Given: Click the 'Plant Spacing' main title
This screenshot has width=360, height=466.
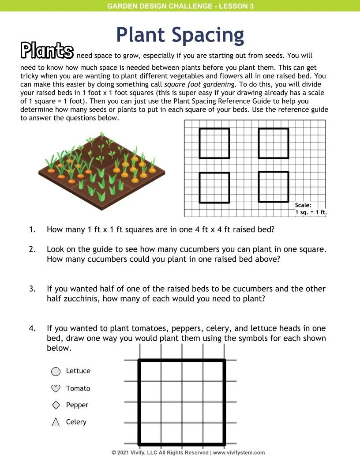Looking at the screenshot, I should click(180, 35).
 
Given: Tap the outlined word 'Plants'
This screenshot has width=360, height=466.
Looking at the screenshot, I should click(47, 51).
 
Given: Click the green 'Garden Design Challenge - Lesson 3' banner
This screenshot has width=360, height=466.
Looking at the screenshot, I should click(180, 6).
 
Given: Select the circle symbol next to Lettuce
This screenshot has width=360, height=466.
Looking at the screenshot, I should click(56, 372).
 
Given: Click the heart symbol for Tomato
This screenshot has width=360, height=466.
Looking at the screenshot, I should click(56, 388).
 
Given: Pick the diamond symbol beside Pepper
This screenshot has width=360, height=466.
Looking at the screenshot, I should click(56, 405).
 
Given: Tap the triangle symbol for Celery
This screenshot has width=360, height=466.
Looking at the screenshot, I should click(56, 422).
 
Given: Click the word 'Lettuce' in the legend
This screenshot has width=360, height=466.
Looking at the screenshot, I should click(78, 371).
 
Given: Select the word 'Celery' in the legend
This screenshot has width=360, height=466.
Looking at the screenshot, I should click(76, 422).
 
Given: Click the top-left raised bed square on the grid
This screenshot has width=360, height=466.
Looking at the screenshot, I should click(214, 143).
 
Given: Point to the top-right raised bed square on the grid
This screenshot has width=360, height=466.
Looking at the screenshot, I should click(274, 143).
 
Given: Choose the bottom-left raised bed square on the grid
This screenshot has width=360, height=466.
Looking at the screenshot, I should click(214, 188).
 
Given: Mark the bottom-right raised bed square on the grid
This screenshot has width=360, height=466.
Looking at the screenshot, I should click(274, 188).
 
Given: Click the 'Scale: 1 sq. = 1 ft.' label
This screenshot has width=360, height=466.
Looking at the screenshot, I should click(310, 209).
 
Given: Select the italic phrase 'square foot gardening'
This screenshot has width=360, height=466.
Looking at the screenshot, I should click(200, 84).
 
